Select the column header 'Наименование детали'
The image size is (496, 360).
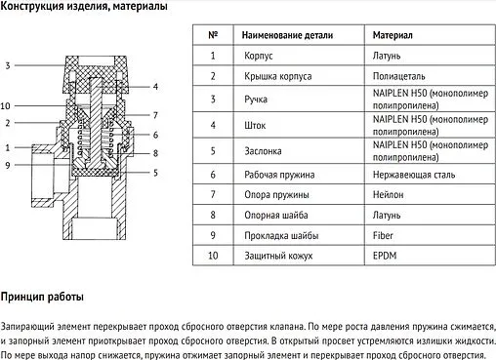pyautogui.click(x=288, y=35)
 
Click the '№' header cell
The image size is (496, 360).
pyautogui.click(x=213, y=35)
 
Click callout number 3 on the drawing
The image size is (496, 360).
pyautogui.click(x=7, y=65)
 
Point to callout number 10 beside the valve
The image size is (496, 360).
pyautogui.click(x=6, y=104)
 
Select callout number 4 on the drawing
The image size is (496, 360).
pyautogui.click(x=154, y=88)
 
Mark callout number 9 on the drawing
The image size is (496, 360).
pyautogui.click(x=7, y=166)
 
